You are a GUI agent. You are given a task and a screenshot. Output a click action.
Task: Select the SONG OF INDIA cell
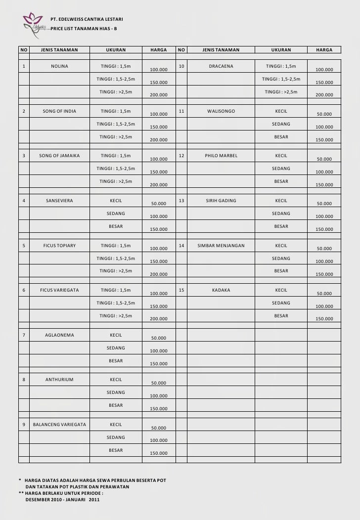(59, 111)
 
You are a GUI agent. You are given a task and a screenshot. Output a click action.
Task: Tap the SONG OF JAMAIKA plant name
(59, 156)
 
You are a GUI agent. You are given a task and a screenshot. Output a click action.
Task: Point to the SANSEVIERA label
(59, 201)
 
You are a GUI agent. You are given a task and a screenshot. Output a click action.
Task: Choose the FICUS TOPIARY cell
(59, 246)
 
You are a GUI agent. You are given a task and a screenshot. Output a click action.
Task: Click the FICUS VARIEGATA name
(59, 290)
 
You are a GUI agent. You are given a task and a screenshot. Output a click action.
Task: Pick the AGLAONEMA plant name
(59, 335)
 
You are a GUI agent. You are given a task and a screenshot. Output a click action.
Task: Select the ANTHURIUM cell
(59, 380)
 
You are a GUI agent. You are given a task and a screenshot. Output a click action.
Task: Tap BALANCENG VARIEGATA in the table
(59, 425)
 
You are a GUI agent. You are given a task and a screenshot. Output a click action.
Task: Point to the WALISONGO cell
(221, 111)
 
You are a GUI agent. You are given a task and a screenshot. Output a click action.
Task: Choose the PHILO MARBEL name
(221, 156)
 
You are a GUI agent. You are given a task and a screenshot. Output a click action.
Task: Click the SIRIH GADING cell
(221, 201)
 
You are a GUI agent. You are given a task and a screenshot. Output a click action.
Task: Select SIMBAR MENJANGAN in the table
(221, 246)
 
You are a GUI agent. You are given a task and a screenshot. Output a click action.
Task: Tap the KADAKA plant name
(221, 290)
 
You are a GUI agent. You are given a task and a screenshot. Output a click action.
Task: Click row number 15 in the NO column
(181, 290)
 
